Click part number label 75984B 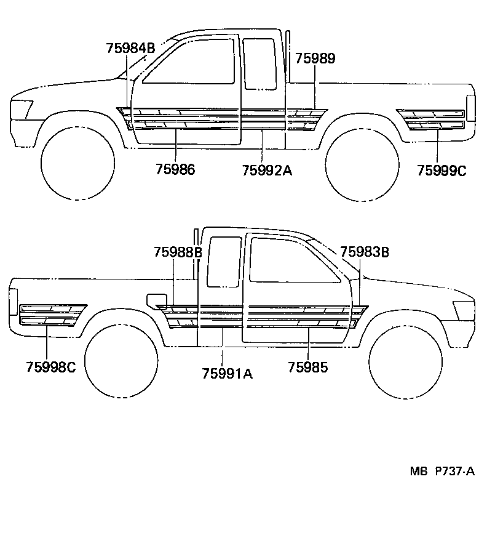(130, 48)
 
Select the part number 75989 (315, 58)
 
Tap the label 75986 (175, 169)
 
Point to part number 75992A (266, 170)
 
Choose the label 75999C (441, 171)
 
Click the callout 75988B (178, 252)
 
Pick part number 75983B (364, 252)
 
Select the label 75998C (51, 368)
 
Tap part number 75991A (227, 372)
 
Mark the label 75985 (307, 368)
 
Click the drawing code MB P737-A (442, 472)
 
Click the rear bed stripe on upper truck (431, 119)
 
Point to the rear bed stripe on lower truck (52, 315)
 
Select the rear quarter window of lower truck (224, 262)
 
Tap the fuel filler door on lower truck (156, 300)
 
